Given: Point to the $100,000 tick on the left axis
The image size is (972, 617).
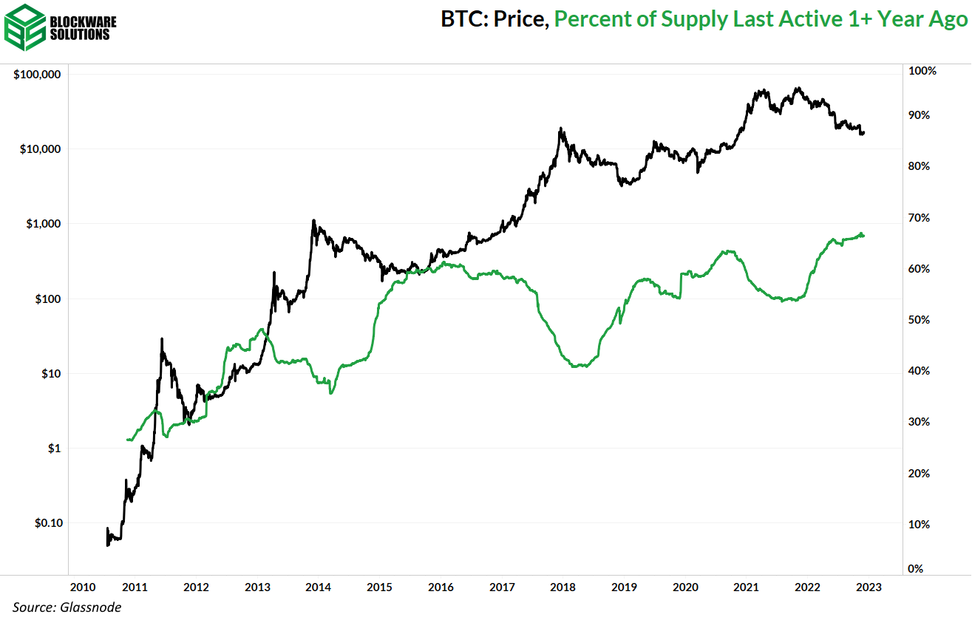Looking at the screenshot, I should coord(36,75).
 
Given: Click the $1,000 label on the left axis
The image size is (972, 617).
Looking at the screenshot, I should coord(43,224).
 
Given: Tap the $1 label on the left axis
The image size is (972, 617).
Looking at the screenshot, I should coord(55,449).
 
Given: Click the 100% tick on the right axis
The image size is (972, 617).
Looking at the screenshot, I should coord(922,71).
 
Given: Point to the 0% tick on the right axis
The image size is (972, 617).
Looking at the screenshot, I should coord(917,568).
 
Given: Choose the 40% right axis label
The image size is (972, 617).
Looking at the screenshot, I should coord(920,371).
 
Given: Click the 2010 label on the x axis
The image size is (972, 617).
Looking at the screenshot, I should coord(82,587).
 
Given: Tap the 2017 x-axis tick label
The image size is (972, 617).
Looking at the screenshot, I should coord(502,587).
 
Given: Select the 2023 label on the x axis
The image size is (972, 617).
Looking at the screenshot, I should coord(868,587).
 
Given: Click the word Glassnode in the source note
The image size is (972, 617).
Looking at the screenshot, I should coord(92,607).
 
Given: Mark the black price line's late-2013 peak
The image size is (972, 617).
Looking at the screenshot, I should coord(313,220).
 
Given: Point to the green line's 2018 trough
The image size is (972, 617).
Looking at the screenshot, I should coord(581,366).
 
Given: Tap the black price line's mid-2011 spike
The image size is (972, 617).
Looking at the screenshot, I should coord(161,339).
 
